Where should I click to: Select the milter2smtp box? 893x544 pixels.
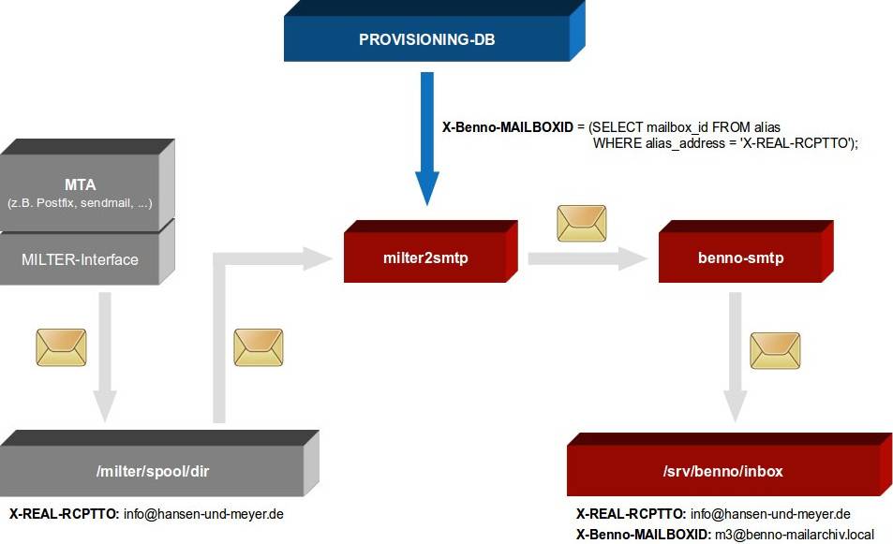click(425, 257)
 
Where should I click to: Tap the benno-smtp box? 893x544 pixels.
click(740, 257)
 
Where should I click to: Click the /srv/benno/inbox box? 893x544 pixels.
click(722, 471)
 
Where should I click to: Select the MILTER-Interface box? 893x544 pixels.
click(80, 259)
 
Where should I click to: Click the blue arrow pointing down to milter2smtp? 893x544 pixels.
click(426, 140)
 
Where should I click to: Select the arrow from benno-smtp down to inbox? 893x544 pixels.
click(736, 356)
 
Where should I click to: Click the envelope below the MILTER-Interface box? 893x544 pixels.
click(61, 347)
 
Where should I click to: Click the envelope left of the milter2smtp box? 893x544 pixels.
click(258, 347)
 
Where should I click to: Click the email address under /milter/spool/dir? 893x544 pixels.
click(203, 514)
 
